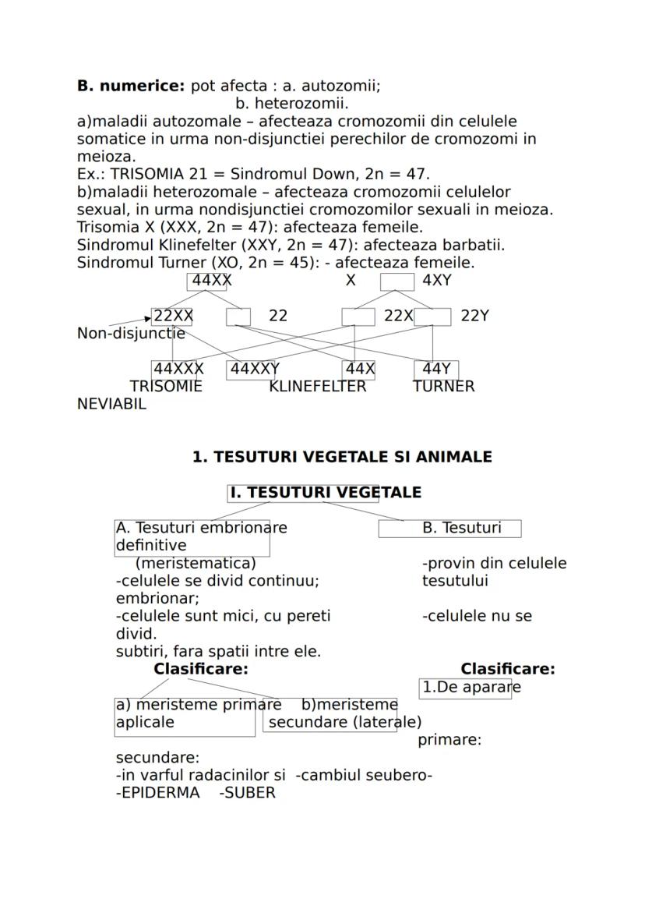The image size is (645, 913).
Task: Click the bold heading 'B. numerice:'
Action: (131, 87)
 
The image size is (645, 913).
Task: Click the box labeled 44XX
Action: (207, 281)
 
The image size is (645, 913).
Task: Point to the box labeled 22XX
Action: (172, 316)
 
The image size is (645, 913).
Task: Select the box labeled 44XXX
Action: (178, 369)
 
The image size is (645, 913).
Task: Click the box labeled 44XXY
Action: (252, 369)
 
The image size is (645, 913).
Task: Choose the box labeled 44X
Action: (358, 369)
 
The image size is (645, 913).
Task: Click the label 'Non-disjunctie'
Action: (131, 334)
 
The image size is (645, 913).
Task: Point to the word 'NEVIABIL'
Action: (111, 404)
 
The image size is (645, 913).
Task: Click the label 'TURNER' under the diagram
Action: (443, 386)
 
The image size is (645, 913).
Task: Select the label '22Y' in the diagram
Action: (474, 316)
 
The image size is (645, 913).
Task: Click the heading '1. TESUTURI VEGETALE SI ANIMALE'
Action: (342, 457)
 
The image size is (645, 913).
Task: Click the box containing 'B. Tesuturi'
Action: (449, 529)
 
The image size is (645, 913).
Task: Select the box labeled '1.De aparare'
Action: (465, 688)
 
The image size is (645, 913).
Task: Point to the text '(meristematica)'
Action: (196, 563)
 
